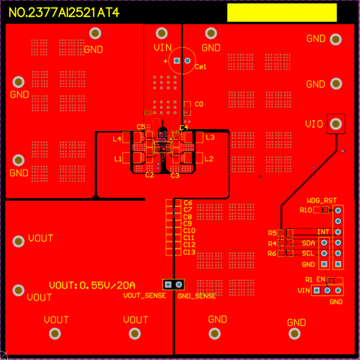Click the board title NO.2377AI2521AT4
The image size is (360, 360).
coord(64,13)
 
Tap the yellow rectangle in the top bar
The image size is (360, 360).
coord(282,13)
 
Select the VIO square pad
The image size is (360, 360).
coord(337,123)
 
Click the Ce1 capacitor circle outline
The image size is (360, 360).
coord(182,61)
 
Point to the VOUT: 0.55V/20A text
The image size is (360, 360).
coord(92,285)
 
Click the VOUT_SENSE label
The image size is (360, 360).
coord(145,295)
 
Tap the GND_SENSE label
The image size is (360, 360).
coord(197,296)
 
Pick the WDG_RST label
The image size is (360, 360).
coord(321,201)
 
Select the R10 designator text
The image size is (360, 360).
coord(306,210)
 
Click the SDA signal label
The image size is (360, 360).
coord(308,243)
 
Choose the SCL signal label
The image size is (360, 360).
coord(308,253)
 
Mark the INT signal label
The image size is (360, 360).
coord(323,232)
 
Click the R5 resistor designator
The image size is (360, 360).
coord(272,233)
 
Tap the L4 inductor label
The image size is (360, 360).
coord(117,138)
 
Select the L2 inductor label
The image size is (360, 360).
coord(209,158)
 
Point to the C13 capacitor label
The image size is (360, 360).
coord(189,252)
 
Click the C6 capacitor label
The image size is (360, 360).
coord(188,203)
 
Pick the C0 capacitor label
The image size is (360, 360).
coord(199,105)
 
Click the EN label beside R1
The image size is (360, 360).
coord(320,280)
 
